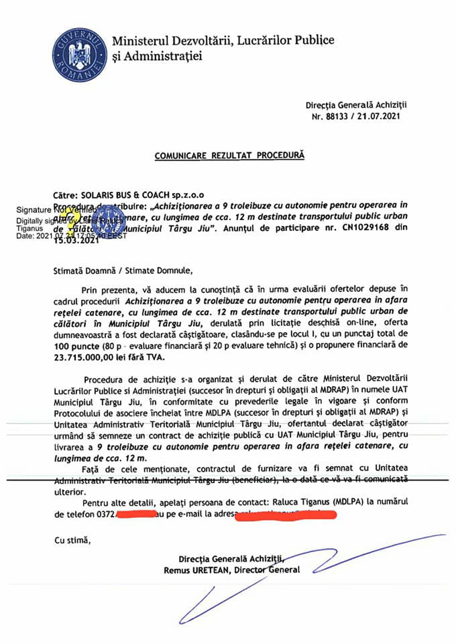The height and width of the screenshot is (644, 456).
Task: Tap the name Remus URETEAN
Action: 195,570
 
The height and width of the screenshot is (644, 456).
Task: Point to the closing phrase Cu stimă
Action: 72,540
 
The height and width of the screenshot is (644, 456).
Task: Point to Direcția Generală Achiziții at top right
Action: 356,106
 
